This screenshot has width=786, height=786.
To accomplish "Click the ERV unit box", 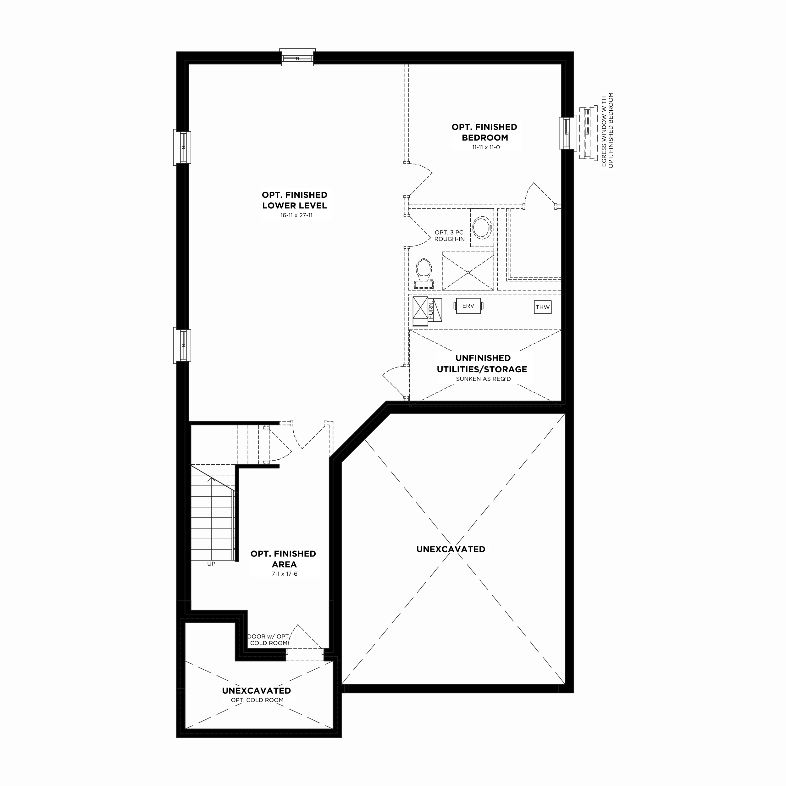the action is tap(468, 306).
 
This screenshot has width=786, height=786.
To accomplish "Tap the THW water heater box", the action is tap(542, 307).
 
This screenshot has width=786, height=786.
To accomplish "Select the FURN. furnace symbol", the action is tap(427, 312).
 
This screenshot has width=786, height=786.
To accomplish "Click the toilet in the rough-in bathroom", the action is tap(423, 274).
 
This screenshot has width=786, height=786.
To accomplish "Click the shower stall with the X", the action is tap(468, 271).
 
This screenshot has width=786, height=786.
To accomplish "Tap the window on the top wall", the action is tap(297, 57).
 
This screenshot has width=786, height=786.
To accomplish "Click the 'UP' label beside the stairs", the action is tap(211, 564).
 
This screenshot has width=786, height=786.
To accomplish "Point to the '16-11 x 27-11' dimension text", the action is tap(296, 215).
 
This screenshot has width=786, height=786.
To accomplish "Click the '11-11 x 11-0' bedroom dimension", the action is tap(486, 147).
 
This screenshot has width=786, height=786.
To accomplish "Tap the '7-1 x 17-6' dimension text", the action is tap(285, 574).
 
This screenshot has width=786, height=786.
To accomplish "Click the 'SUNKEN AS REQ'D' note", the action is tap(483, 379).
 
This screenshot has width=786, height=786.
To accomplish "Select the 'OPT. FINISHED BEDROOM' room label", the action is tap(484, 132).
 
